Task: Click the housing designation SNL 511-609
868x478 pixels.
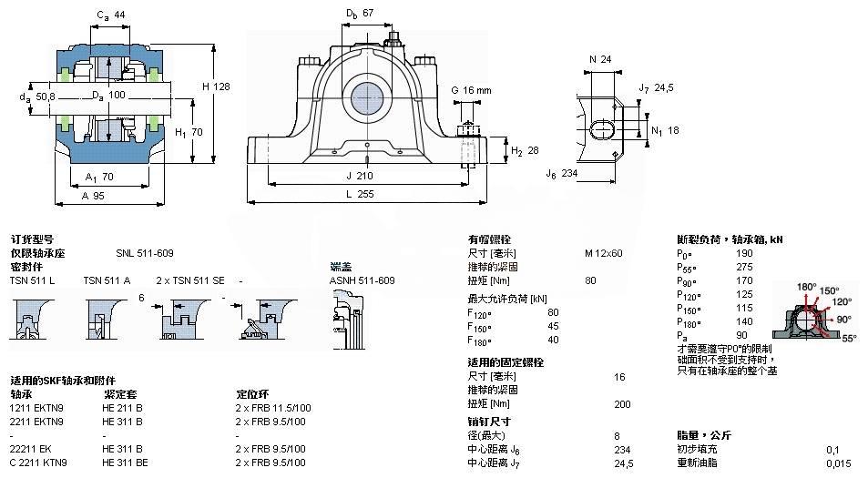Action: click(x=144, y=253)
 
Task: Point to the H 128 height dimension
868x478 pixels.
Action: click(x=215, y=86)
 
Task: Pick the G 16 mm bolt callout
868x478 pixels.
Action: click(x=471, y=90)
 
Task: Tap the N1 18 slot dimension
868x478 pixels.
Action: click(x=669, y=130)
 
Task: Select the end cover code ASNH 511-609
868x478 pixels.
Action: click(x=362, y=280)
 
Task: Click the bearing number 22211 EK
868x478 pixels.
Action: click(x=30, y=449)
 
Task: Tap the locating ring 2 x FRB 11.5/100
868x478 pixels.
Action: click(x=273, y=408)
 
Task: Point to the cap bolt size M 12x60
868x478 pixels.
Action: click(x=603, y=253)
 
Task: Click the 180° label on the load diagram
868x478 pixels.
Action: click(x=807, y=287)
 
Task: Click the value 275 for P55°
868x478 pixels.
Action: click(x=744, y=268)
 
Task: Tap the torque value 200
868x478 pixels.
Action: click(x=623, y=403)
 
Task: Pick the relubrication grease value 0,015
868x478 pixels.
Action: click(x=839, y=463)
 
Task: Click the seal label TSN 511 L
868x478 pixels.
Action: click(x=32, y=280)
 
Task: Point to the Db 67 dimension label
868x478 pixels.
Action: click(x=360, y=14)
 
